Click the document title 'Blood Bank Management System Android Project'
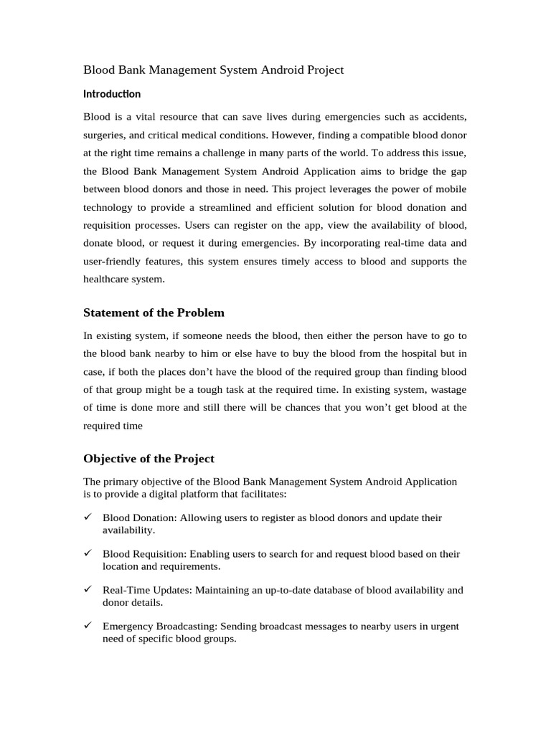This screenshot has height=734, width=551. point(214,70)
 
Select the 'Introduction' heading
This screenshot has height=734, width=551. point(112,94)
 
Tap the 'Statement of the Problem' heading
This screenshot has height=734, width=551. point(154,313)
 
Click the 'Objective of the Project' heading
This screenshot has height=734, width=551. point(149,459)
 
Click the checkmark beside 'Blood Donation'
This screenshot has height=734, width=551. point(88,518)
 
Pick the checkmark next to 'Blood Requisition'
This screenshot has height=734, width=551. point(88,554)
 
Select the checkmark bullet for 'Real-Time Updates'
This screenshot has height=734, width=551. point(88,590)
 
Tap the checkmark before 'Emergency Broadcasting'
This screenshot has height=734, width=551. point(88,626)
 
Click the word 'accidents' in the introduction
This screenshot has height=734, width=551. point(443,116)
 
